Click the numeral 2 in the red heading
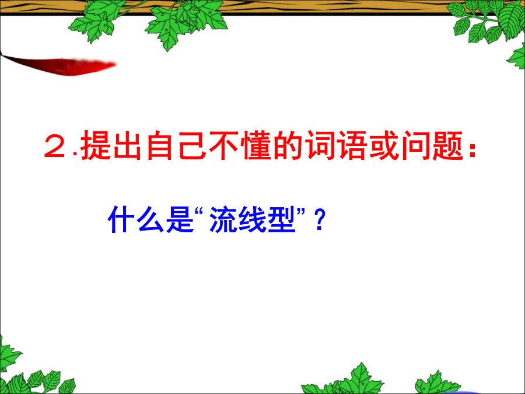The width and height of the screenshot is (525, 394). [55, 146]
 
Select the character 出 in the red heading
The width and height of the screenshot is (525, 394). [127, 145]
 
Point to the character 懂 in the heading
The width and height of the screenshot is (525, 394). [257, 145]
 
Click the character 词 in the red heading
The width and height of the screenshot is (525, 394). [321, 145]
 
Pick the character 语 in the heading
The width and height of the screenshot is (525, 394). [353, 145]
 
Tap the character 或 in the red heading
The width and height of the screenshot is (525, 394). [385, 145]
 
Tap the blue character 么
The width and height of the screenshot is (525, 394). [150, 219]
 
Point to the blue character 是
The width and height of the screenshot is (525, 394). [180, 219]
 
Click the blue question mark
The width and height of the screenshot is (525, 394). [320, 220]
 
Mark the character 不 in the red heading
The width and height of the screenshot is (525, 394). [224, 145]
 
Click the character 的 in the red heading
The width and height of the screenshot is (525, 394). [289, 145]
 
